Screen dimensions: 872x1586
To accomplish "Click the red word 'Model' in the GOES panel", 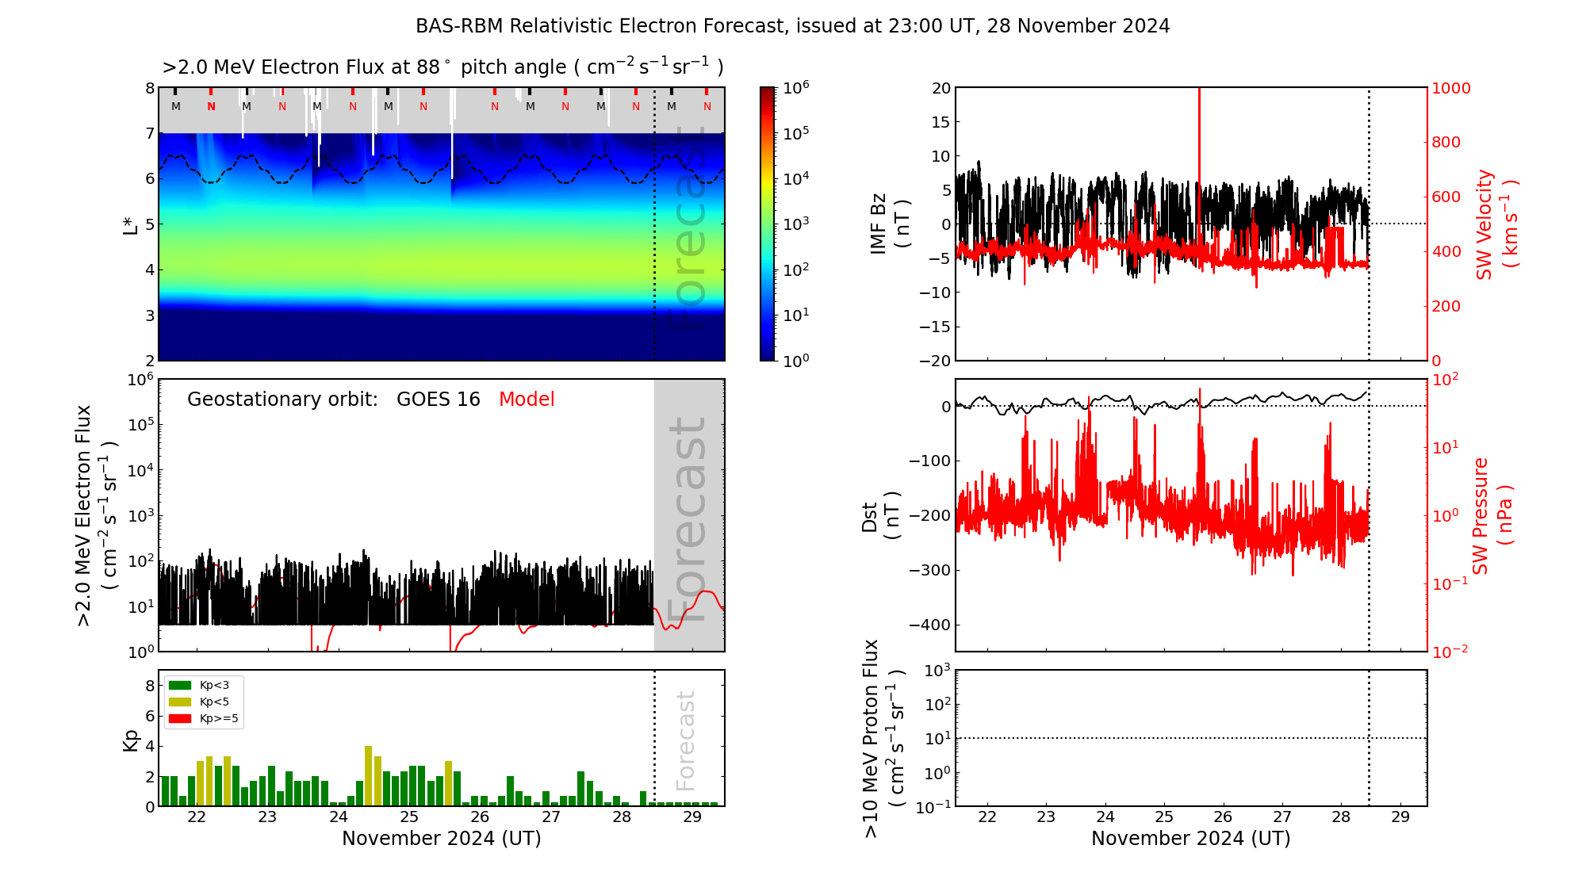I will click(x=527, y=400).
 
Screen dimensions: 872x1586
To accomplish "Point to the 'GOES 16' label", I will click(x=439, y=400).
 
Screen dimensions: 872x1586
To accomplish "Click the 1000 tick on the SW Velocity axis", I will click(x=1451, y=88).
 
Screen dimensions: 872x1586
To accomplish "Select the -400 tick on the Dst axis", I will click(x=929, y=625).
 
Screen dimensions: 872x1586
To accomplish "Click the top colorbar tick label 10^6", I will click(x=795, y=87).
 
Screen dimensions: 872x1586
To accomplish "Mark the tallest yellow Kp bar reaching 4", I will click(x=368, y=775).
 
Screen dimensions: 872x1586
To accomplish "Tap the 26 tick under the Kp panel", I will click(x=480, y=817).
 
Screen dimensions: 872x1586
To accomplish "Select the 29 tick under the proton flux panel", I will click(x=1400, y=817).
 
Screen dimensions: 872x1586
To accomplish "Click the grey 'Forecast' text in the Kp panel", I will click(x=686, y=740).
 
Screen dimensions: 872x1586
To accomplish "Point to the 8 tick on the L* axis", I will click(x=149, y=88).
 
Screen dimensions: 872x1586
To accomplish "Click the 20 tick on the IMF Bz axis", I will click(x=940, y=88).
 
